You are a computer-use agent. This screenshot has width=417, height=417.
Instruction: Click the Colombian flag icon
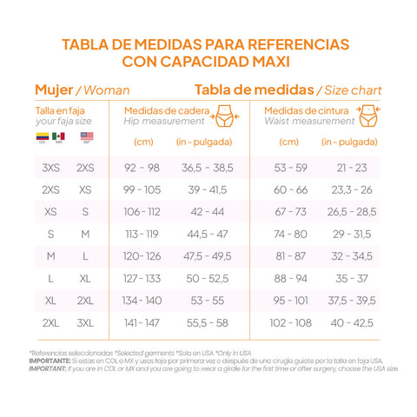tap(41, 137)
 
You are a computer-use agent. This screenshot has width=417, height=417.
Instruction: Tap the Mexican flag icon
tap(58, 137)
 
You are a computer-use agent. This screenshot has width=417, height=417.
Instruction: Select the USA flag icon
tap(74, 137)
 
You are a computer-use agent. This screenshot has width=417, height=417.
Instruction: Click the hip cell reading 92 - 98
tap(142, 167)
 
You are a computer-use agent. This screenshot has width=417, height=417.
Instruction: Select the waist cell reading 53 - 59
tap(290, 167)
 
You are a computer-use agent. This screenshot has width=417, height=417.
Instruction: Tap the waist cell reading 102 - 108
tap(290, 321)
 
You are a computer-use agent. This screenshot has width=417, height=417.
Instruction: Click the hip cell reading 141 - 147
tap(142, 321)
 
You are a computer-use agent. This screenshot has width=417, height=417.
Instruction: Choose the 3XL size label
tap(85, 321)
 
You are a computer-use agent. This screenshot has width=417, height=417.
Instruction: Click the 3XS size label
tap(50, 167)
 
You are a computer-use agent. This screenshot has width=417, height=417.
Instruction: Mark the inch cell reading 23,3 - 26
tap(351, 189)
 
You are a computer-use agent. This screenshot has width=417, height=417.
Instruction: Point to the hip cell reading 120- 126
tap(142, 255)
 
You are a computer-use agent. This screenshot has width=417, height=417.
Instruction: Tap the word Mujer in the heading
tap(53, 89)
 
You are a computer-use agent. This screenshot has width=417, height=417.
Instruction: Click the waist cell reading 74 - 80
tap(290, 234)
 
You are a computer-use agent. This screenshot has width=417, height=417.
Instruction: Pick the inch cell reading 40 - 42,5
tap(351, 321)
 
